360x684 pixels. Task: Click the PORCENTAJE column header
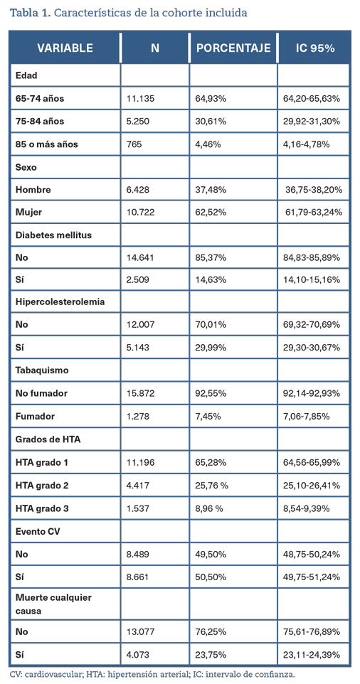233,48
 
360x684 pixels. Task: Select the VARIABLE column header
65,48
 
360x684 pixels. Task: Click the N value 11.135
137,98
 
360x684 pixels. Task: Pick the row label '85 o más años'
47,144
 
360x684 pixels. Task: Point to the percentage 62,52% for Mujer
211,213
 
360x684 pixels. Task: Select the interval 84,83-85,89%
312,258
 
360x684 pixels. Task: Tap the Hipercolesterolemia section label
60,303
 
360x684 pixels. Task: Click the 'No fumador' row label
41,393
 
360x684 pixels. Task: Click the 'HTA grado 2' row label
42,484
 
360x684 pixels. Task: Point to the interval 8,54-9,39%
307,507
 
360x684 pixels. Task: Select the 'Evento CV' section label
36,530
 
